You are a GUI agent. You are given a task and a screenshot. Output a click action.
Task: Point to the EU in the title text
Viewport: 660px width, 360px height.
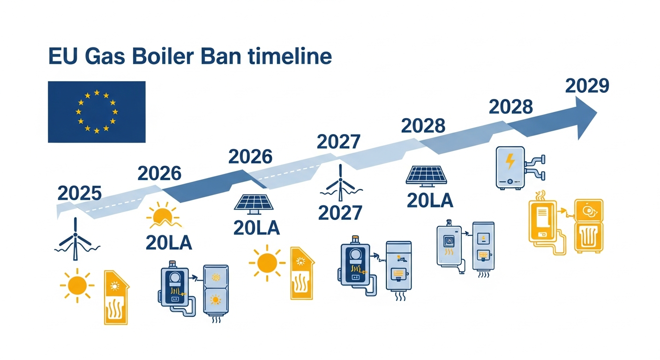point(61,57)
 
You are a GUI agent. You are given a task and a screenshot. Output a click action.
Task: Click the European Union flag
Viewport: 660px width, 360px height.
point(97,112)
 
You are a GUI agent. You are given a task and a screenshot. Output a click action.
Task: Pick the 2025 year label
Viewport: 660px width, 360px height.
point(79,193)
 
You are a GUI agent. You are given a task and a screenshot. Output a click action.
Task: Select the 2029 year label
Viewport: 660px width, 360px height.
point(587,86)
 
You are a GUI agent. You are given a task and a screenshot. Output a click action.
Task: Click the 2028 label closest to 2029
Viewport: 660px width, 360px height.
point(510,107)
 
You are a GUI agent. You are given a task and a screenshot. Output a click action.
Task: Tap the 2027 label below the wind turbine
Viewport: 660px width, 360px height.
point(340,213)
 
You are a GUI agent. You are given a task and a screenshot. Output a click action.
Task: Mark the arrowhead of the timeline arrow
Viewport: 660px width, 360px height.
point(585,115)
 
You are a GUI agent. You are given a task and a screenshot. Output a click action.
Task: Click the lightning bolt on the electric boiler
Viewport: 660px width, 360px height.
point(510,162)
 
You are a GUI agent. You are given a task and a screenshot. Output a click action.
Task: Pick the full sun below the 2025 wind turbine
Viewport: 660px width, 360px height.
point(77,285)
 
